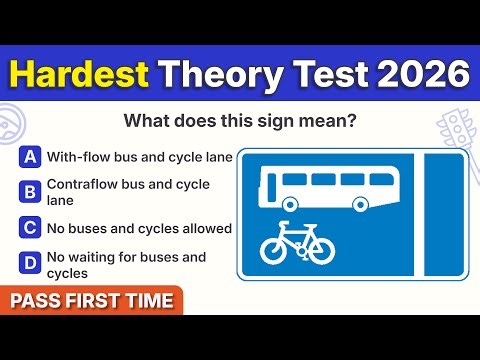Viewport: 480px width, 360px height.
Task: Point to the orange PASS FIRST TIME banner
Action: pos(90,300)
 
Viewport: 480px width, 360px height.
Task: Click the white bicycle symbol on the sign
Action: pos(298,243)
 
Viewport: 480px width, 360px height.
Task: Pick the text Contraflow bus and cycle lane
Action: pos(128,191)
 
